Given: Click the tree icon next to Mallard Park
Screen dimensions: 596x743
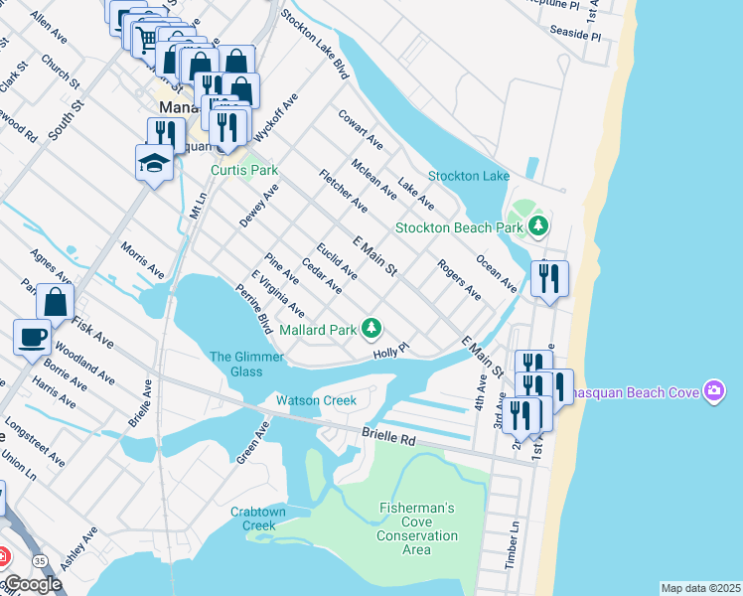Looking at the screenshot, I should pyautogui.click(x=371, y=328).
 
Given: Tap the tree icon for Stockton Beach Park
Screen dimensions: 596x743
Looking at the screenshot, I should pyautogui.click(x=537, y=226).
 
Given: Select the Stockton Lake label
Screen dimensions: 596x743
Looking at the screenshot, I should pyautogui.click(x=468, y=176).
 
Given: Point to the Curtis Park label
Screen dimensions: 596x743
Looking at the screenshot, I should pyautogui.click(x=244, y=170).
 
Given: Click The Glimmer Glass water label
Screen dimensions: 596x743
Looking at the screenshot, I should pyautogui.click(x=235, y=364).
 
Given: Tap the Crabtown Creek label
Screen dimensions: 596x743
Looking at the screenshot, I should pyautogui.click(x=258, y=519).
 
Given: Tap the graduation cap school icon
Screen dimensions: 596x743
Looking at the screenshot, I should pyautogui.click(x=154, y=162).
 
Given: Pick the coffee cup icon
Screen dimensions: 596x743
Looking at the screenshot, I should pyautogui.click(x=32, y=336).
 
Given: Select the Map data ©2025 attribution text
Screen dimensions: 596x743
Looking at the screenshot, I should pyautogui.click(x=700, y=588).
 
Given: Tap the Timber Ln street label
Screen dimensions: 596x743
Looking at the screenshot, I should pyautogui.click(x=513, y=543).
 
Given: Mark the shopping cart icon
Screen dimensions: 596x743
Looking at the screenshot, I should pyautogui.click(x=147, y=38).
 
